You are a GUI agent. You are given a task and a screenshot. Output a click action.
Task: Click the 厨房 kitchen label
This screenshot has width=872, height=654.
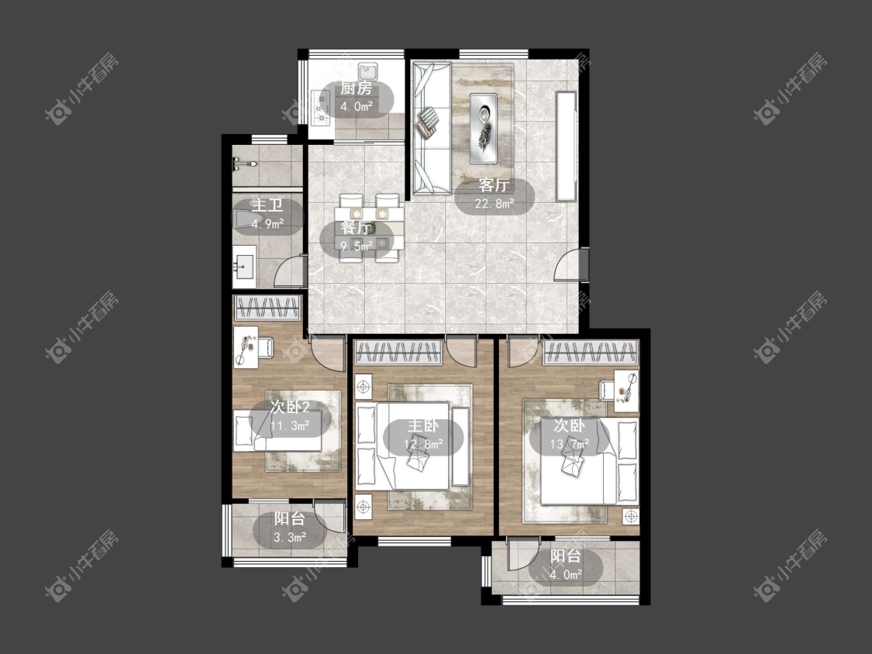click(357, 88)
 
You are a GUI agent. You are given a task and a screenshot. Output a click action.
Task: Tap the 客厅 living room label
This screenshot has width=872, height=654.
click(494, 184)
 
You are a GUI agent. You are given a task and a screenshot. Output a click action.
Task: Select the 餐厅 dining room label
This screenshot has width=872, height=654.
click(357, 228)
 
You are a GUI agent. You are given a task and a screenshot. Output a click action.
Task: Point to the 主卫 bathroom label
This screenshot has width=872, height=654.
click(267, 205)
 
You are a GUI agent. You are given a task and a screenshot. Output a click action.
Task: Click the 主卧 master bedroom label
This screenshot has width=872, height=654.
click(423, 425)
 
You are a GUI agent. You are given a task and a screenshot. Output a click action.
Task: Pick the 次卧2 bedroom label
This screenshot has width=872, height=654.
click(290, 407)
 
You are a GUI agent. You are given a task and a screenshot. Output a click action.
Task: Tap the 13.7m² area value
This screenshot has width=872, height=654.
click(570, 444)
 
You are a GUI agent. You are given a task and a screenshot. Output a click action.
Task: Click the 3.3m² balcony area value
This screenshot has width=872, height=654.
click(290, 537)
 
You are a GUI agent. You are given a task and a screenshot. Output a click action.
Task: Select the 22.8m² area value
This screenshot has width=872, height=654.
click(494, 204)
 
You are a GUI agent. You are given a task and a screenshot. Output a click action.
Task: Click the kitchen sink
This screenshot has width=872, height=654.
click(368, 72)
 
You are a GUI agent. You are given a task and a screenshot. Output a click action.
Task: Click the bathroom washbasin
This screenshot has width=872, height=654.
click(244, 267)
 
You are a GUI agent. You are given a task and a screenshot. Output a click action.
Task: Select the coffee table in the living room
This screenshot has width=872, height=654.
click(483, 129)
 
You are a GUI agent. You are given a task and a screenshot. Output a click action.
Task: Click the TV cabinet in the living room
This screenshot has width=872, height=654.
click(566, 146)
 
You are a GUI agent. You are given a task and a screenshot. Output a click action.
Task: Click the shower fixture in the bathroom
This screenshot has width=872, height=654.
click(243, 163)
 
